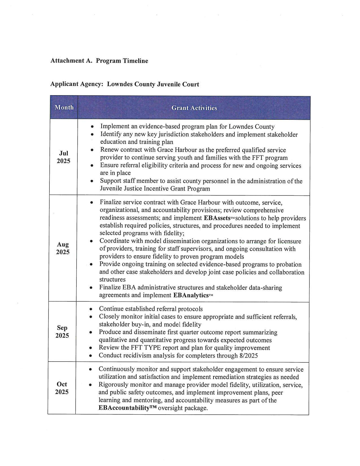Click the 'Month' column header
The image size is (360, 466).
coord(64,107)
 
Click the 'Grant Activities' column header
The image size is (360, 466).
coord(194,108)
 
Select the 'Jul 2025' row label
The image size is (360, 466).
coord(64,157)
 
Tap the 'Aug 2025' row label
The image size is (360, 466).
coord(63,248)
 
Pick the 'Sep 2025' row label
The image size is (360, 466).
coord(62,332)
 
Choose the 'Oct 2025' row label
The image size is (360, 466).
coord(62,388)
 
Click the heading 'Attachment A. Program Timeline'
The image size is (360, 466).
coord(99,61)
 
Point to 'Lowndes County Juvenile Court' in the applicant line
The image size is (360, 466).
coord(153,84)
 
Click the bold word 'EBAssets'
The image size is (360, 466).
coord(217,218)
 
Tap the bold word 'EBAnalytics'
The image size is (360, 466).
coord(191,295)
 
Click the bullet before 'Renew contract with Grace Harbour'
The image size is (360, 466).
coord(92,150)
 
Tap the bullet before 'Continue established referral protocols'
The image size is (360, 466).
coord(91,309)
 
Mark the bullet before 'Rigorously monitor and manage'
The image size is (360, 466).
coord(90,385)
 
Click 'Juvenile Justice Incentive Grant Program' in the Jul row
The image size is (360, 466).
coord(155,188)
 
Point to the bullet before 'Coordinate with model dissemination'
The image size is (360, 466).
coord(91,241)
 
